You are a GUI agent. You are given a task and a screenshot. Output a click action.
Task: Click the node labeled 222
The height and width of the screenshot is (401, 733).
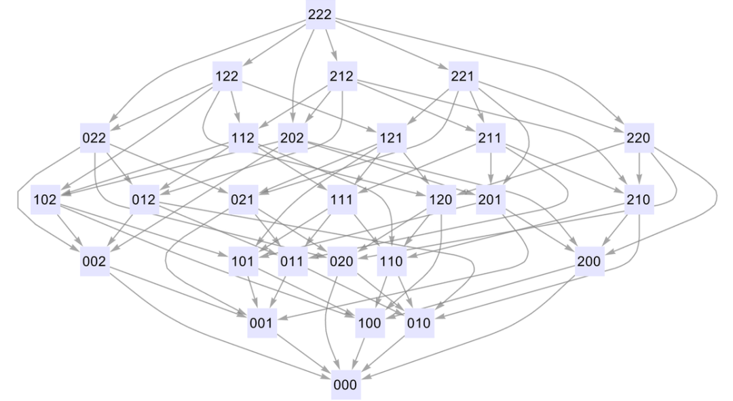point(320,15)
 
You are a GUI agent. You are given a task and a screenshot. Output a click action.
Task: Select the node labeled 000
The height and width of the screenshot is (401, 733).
point(345,385)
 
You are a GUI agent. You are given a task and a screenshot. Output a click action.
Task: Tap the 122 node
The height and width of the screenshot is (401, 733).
point(227,77)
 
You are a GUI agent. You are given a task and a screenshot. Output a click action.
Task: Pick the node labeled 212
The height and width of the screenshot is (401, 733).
point(341,77)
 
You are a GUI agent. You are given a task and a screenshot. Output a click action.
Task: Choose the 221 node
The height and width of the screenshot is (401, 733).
point(463,77)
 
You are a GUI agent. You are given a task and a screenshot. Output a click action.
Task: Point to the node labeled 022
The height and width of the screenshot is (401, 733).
point(94,138)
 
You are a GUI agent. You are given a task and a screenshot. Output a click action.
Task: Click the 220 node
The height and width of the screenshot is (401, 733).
point(639,138)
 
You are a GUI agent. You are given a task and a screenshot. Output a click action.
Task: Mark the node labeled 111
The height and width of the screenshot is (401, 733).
point(341,200)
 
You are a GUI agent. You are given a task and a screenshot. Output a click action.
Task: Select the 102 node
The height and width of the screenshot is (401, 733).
point(45,200)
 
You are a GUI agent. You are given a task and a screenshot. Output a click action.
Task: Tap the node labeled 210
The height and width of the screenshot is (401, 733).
point(639,200)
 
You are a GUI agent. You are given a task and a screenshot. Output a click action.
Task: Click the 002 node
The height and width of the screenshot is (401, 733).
point(94,262)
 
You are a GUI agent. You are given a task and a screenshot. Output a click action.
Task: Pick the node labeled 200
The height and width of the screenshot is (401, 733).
point(588,262)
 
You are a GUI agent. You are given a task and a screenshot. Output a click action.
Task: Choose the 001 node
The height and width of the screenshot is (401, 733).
point(261,324)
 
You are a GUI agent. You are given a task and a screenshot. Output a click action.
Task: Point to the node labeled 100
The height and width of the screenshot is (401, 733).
point(369,324)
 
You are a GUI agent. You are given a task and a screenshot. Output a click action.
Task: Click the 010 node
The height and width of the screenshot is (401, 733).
point(419,324)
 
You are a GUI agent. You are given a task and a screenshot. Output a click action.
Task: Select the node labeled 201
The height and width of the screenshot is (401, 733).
point(490,200)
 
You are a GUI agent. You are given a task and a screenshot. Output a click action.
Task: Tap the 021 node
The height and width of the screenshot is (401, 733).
point(242,200)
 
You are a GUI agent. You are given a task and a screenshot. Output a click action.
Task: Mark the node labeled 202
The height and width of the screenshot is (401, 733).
point(292,138)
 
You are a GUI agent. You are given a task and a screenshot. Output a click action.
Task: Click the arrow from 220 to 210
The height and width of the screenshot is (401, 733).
point(639,169)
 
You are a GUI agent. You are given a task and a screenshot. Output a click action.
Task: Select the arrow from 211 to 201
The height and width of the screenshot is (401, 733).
point(490,169)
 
